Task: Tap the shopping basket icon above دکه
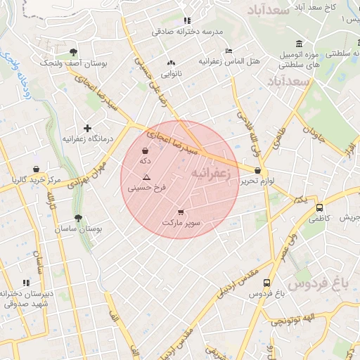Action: point(146,151)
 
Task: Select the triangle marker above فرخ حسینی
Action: point(146,178)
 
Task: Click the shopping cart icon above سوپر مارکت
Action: point(181,212)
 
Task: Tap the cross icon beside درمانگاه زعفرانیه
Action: point(87,128)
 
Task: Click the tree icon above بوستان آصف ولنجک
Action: point(74,51)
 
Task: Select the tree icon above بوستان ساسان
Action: point(78,219)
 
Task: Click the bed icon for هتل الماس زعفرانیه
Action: point(228,51)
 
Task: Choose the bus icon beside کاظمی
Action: point(320,208)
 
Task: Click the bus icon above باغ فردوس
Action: point(266,283)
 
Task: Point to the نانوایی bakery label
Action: point(172,72)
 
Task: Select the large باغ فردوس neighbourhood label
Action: point(318,283)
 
